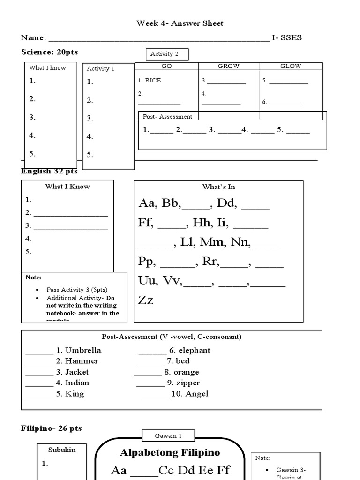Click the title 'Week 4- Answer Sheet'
pos(180,23)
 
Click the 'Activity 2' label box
pos(167,54)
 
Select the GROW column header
pos(229,67)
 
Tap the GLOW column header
pos(291,67)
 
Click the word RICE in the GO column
pos(153,81)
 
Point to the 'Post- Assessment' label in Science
pos(167,116)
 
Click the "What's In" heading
pos(218,187)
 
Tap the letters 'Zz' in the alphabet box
pos(146,300)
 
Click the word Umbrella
pos(83,350)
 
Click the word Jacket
pos(77,372)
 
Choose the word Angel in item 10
pos(197,394)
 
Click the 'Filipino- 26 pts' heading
pos(52,428)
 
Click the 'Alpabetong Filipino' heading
pos(170,453)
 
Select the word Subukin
pos(62,450)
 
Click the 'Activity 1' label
pos(101,69)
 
